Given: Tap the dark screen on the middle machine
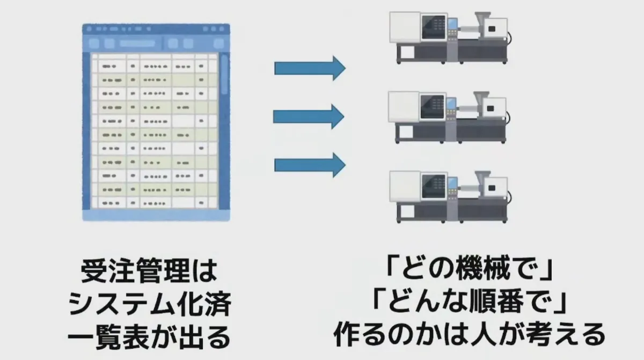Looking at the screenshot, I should tap(433, 106).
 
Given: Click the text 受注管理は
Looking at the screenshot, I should tap(150, 273).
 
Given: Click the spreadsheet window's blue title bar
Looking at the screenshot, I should tap(156, 30).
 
